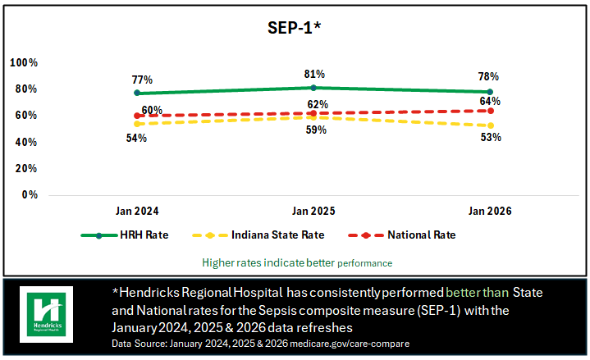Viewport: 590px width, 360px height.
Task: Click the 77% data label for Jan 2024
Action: pyautogui.click(x=143, y=80)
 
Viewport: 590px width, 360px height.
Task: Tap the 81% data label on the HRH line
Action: pyautogui.click(x=314, y=74)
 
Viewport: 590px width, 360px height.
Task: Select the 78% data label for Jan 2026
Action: pyautogui.click(x=488, y=76)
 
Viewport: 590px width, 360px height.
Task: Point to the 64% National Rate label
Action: pyautogui.click(x=491, y=101)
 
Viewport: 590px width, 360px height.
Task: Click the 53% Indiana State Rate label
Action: pyautogui.click(x=491, y=137)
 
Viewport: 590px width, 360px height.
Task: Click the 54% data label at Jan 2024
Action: pyautogui.click(x=136, y=138)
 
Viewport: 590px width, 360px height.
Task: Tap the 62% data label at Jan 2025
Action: pyautogui.click(x=318, y=104)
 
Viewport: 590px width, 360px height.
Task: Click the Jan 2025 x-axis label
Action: pyautogui.click(x=313, y=211)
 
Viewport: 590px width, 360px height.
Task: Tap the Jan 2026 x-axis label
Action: pyautogui.click(x=490, y=211)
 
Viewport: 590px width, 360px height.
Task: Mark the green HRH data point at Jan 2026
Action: pyautogui.click(x=490, y=92)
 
